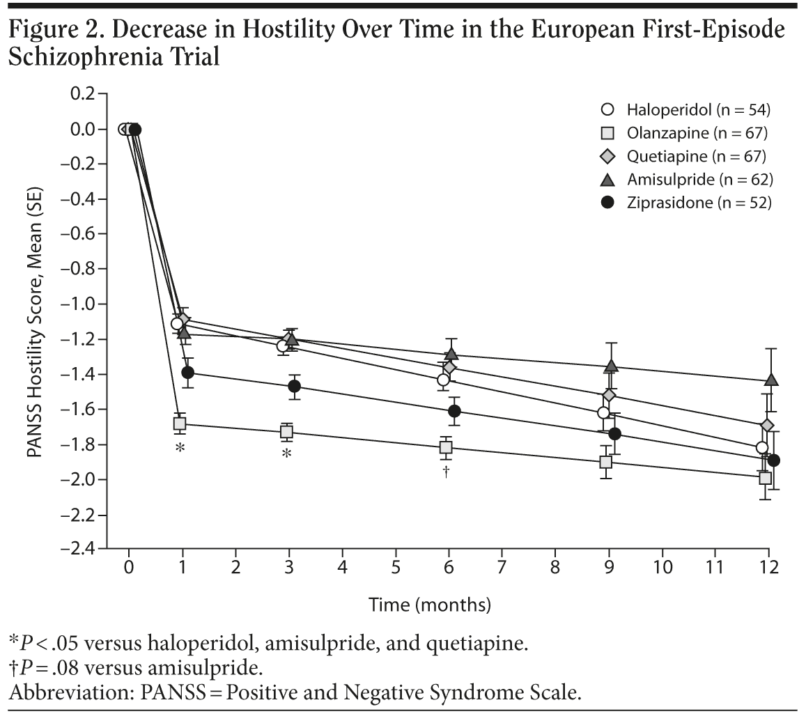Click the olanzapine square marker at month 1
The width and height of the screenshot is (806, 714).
180,424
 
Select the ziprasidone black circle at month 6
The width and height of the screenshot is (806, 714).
454,411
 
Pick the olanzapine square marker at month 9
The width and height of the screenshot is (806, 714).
606,462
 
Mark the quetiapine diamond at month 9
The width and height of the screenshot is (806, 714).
610,396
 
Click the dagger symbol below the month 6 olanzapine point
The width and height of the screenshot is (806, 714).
446,472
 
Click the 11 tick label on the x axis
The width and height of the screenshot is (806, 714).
715,566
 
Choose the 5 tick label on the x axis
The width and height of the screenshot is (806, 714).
396,566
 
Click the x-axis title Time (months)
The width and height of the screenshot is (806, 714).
429,604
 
